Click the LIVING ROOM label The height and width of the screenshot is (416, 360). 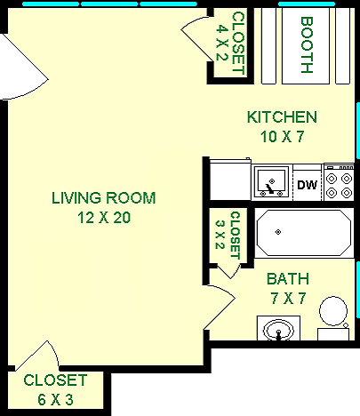[103, 197]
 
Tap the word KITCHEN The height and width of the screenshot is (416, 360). [282, 117]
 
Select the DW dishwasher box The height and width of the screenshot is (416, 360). [307, 185]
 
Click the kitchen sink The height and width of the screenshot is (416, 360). [269, 183]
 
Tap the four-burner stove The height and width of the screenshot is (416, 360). [339, 183]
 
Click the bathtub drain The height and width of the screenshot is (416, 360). [278, 232]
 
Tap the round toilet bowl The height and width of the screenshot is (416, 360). [334, 312]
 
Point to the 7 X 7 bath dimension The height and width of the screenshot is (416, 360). [287, 298]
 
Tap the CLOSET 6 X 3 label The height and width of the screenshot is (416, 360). [50, 388]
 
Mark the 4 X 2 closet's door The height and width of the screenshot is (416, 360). [196, 34]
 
